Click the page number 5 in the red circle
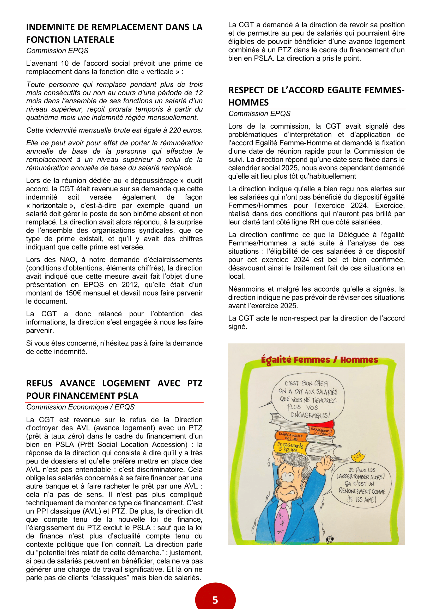coord(215,600)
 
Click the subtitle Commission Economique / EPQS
coord(80,407)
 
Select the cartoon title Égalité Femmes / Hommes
coord(319,360)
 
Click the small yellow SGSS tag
coord(358,456)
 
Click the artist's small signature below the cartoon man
coord(330,539)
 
